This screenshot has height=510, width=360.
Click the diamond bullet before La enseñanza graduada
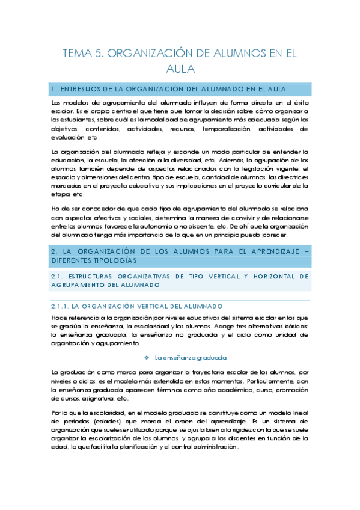coord(148,357)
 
